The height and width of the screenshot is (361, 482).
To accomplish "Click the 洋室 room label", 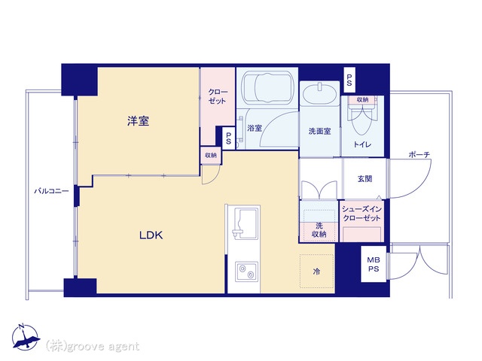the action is pos(139,121).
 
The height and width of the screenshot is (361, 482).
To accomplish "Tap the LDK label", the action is pos(151,235).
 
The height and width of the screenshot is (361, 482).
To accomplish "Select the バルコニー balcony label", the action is pos(51,191).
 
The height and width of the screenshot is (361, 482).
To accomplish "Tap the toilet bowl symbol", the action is pos(362,120).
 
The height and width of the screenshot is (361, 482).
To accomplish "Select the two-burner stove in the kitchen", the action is pos(247,272).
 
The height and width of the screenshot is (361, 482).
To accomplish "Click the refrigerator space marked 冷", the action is pos(317,271).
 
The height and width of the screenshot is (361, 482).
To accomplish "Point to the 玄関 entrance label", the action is pos(365,179).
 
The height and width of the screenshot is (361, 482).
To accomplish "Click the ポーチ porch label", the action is pos(419,154).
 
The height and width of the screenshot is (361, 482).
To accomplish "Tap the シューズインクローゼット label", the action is pos(361,214).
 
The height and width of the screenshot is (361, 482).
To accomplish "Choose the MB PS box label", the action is pos(374,264).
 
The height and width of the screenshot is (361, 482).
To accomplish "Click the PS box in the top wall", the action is pos(349,80).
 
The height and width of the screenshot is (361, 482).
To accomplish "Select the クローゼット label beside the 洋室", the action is pos(218,96).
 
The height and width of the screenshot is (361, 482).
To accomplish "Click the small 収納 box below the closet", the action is pos(211,156).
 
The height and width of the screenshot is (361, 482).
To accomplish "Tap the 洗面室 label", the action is pos(319,132).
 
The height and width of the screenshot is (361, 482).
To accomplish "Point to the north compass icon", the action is pos(26,337).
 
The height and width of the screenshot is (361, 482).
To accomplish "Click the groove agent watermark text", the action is pos(93,347).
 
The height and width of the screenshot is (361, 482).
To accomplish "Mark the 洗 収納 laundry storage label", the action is pos(319,230).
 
